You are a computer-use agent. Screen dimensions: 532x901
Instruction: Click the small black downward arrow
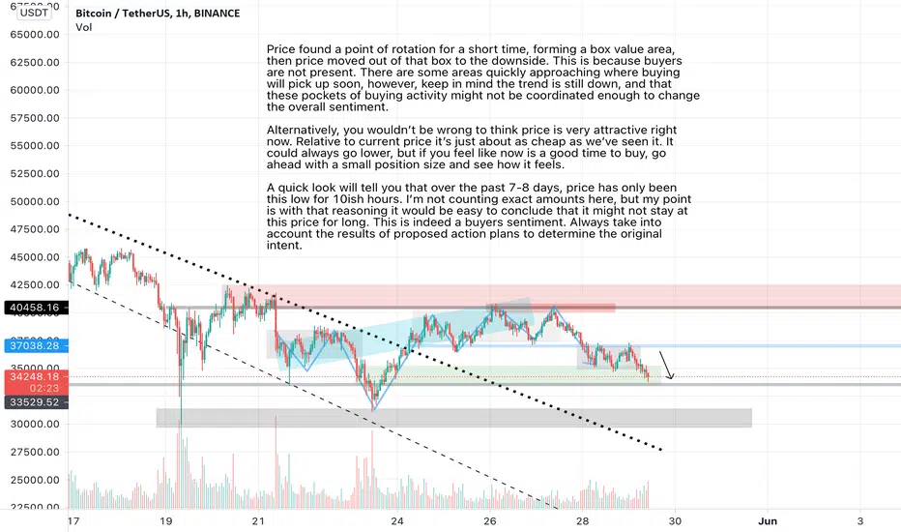coord(667,365)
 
